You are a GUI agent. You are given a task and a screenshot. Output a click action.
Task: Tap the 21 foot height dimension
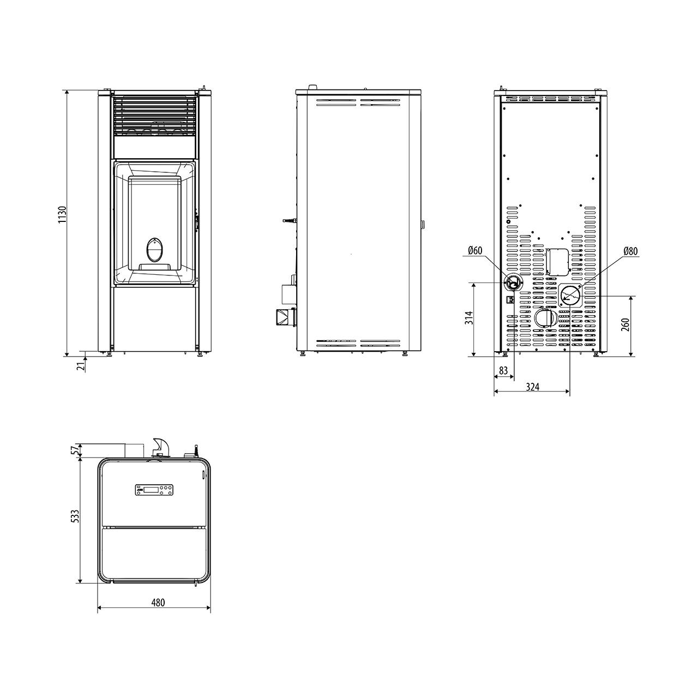tap(82, 364)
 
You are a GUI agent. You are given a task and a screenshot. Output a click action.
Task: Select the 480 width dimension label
tap(158, 603)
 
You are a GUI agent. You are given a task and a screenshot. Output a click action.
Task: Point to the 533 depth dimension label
tap(75, 516)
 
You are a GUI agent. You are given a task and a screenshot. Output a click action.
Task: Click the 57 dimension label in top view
tap(74, 450)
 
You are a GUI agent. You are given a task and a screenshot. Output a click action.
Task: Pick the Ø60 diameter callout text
tap(475, 250)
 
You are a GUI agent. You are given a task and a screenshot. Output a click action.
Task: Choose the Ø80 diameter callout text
tap(630, 251)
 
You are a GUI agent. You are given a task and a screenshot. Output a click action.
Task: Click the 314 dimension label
tap(469, 318)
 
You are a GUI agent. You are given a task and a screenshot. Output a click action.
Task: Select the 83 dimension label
tap(503, 370)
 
